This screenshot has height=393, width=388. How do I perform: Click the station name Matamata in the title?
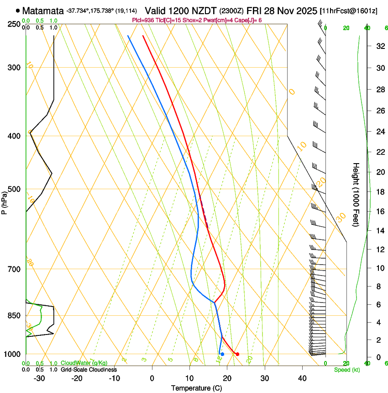(42, 10)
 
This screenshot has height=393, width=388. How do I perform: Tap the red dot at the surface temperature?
(237, 354)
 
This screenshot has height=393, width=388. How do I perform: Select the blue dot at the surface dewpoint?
(222, 354)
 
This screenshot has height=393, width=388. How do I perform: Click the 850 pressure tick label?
(15, 316)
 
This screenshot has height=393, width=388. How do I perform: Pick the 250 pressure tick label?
(15, 24)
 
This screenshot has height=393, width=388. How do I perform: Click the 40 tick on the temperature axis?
(302, 378)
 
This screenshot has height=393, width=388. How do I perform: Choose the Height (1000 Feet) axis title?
(357, 194)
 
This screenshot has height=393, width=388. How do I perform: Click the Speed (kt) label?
(346, 370)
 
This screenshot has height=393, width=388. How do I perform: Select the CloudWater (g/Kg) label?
(84, 363)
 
